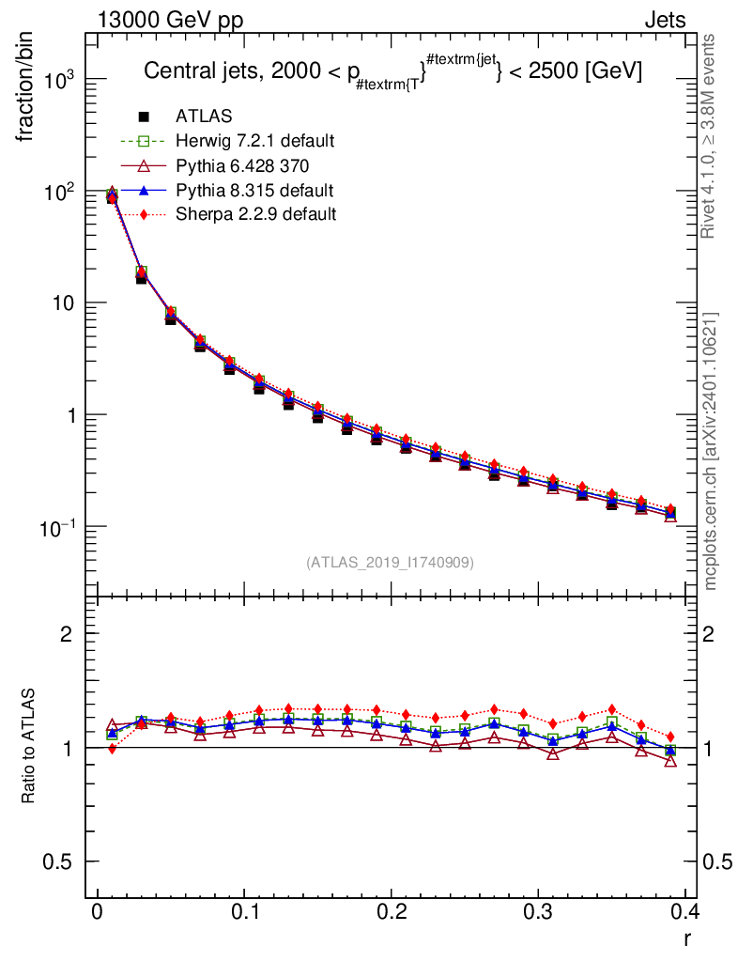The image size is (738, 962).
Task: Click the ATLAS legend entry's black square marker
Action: pos(144,116)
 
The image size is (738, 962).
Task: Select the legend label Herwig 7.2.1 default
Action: pos(255,141)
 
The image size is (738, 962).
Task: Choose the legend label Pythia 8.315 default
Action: pos(254,190)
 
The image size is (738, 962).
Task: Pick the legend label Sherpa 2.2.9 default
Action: pos(256,214)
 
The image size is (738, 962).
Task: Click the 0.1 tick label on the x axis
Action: pos(244,914)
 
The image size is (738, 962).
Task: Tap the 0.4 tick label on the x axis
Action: pos(685,914)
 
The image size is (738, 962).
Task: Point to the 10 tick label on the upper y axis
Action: pos(62,303)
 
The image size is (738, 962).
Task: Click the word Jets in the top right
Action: pos(665,21)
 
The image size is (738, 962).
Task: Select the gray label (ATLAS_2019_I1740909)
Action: pos(390,563)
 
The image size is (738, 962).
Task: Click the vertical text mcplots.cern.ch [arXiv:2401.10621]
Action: pos(712,451)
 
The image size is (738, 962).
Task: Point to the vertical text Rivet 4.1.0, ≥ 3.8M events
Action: pos(712,136)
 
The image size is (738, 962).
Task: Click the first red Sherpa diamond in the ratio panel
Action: pos(112,749)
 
